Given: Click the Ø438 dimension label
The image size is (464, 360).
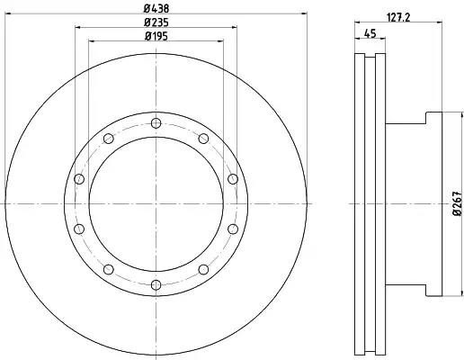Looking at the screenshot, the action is coord(156,9).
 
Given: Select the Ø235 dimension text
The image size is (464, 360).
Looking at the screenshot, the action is coord(156,22).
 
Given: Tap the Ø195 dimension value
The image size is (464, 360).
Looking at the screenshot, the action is coord(156,36).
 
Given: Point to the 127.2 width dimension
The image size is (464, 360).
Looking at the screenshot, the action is coord(398,17).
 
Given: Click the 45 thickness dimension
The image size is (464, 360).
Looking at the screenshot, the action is coord(370,33).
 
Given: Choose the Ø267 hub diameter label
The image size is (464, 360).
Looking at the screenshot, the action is coord(458,203).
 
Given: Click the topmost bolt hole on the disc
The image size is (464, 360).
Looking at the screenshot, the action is coord(156,123).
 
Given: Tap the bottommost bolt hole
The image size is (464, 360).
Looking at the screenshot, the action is coord(156,284).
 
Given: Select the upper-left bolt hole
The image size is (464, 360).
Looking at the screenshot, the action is coord(109,139).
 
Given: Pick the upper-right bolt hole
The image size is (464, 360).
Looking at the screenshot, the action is coord(203,139).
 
